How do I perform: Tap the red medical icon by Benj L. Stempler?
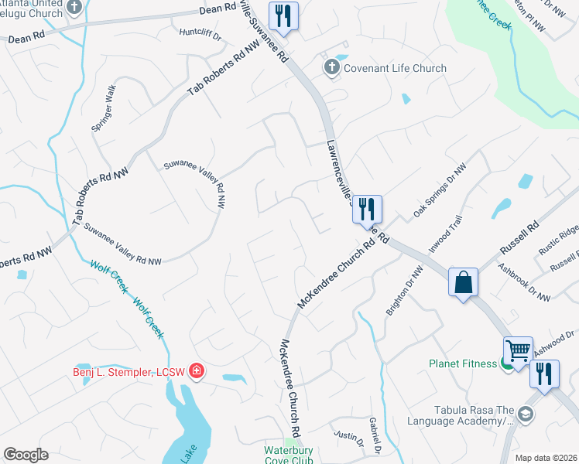197,372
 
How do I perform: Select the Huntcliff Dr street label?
200,34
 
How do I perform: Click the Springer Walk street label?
104,107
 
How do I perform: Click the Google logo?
26,455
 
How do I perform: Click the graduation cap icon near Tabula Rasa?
526,415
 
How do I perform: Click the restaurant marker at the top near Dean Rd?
283,15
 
